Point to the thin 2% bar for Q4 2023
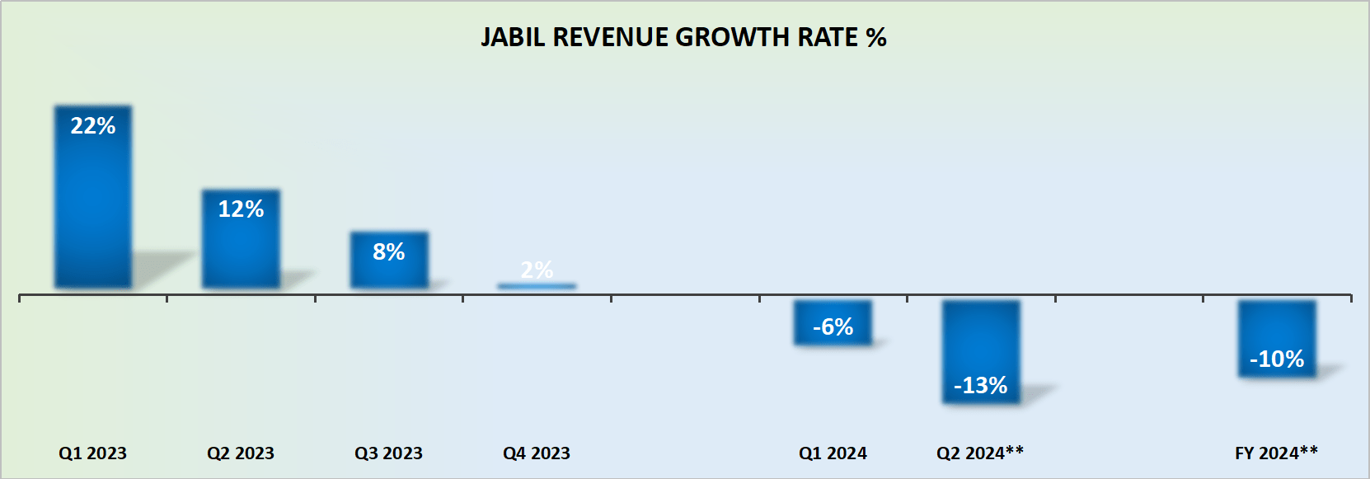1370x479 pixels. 537,286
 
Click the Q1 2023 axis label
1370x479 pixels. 92,453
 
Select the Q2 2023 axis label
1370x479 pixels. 241,453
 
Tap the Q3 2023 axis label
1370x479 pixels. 388,453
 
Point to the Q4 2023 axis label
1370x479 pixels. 537,453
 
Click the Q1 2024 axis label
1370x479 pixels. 833,453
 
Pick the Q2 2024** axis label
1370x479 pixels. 980,453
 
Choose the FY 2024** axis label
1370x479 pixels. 1276,453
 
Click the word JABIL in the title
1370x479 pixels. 513,38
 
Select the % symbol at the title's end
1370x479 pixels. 876,38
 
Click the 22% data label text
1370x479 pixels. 92,126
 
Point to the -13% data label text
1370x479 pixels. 980,385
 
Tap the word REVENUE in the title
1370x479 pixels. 611,38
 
